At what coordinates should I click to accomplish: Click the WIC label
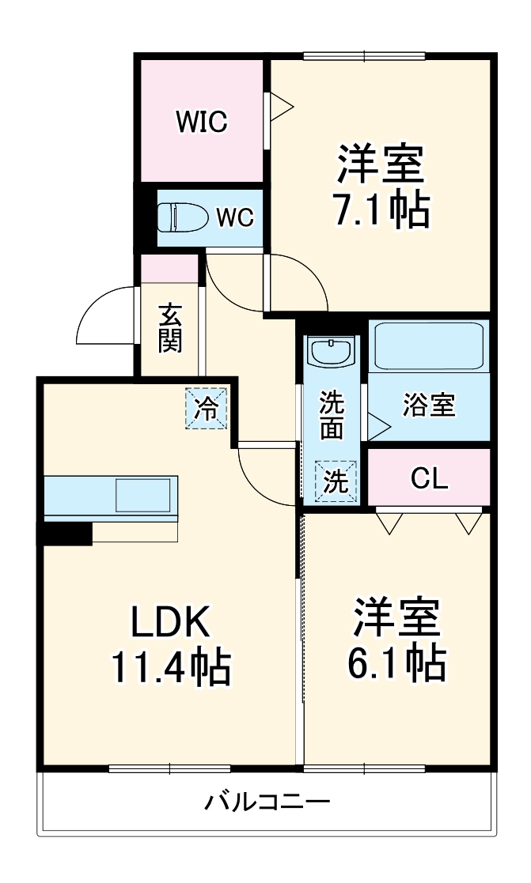[x=202, y=122]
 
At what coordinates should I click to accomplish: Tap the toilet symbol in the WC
[x=181, y=217]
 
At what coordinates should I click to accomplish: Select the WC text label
[x=236, y=217]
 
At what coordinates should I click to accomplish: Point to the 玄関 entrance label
[x=170, y=328]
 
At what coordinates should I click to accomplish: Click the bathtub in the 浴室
[x=427, y=345]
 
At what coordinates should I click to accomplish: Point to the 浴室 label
[x=428, y=406]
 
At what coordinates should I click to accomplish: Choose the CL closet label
[x=429, y=477]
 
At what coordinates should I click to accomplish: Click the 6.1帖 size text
[x=396, y=664]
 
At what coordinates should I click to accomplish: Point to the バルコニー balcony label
[x=267, y=802]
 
